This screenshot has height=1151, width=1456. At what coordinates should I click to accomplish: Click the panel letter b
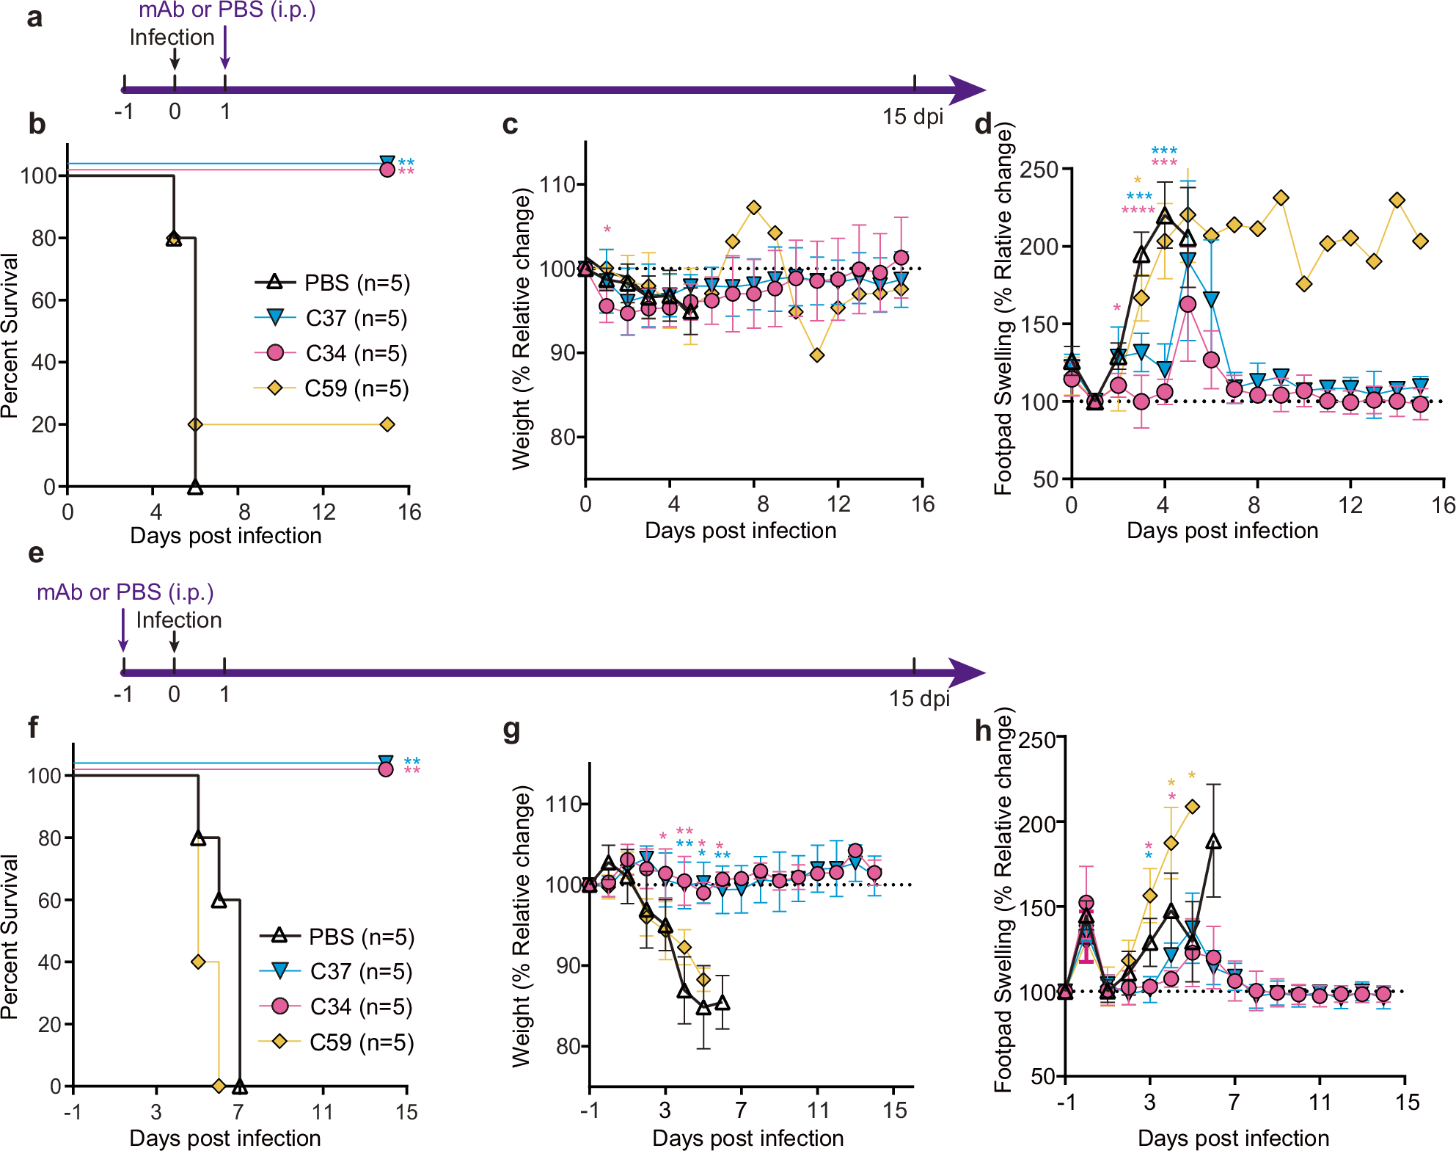[x=37, y=125]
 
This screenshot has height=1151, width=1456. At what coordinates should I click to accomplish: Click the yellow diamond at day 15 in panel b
[x=387, y=424]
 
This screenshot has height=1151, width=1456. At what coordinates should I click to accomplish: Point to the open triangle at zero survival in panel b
[x=194, y=487]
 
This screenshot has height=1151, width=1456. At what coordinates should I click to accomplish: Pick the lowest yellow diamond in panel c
[x=817, y=355]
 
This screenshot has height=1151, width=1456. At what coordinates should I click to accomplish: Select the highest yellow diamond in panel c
[x=754, y=208]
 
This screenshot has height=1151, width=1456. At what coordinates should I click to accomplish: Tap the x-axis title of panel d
[x=1222, y=530]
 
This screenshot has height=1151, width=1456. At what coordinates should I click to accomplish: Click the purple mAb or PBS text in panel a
[x=227, y=10]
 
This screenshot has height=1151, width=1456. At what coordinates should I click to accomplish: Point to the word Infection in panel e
[x=179, y=620]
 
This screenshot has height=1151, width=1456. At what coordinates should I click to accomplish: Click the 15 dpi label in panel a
[x=912, y=117]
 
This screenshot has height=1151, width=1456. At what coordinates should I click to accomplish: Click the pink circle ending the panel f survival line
[x=385, y=769]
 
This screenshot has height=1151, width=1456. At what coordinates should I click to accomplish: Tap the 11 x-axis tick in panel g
[x=817, y=1110]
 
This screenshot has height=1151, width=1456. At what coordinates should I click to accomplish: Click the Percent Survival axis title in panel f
[x=10, y=936]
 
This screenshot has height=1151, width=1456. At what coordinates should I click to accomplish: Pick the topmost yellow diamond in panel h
[x=1192, y=807]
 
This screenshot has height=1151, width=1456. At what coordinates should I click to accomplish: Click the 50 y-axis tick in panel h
[x=1042, y=1077]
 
